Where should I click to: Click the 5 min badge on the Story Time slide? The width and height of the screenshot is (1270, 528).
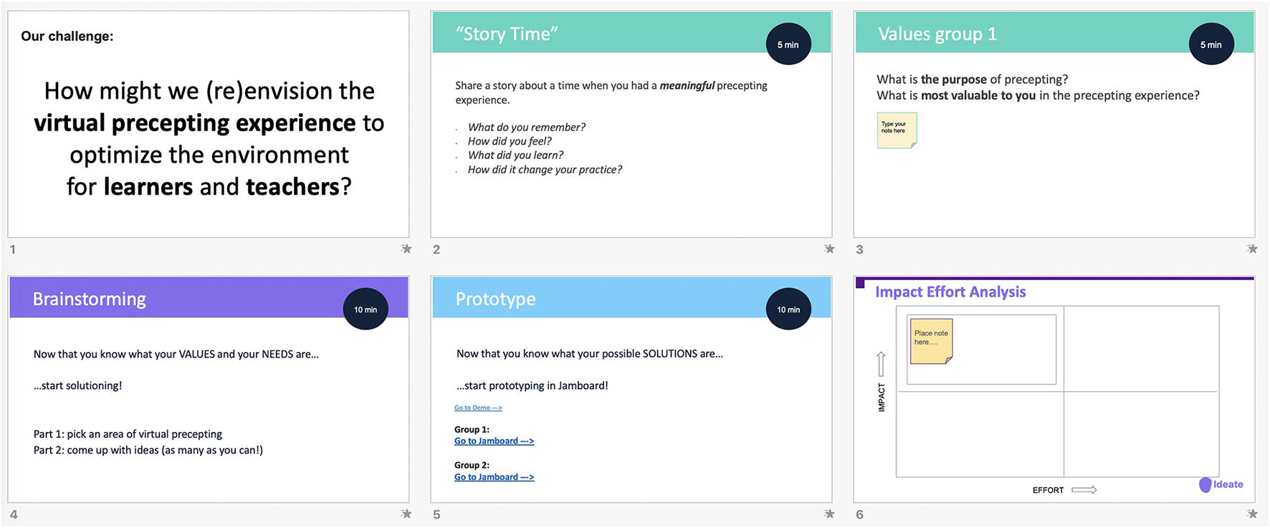pyautogui.click(x=788, y=44)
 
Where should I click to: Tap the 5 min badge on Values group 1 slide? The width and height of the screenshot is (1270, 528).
pyautogui.click(x=1211, y=44)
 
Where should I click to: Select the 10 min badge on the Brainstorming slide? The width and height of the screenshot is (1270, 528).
pyautogui.click(x=366, y=309)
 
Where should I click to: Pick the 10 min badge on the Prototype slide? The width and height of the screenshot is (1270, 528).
pyautogui.click(x=788, y=309)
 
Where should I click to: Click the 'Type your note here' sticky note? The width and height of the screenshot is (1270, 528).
pyautogui.click(x=897, y=130)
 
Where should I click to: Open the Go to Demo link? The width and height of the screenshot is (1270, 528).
pyautogui.click(x=478, y=408)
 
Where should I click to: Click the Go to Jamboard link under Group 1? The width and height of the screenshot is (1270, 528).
pyautogui.click(x=494, y=441)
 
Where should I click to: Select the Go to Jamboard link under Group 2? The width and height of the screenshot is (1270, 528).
pyautogui.click(x=494, y=477)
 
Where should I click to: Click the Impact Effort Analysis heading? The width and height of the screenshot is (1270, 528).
pyautogui.click(x=950, y=292)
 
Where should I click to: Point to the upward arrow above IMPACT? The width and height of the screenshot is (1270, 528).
pyautogui.click(x=881, y=364)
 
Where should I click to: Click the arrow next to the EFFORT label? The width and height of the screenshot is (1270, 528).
pyautogui.click(x=1084, y=490)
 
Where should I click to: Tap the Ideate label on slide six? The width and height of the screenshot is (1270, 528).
pyautogui.click(x=1228, y=484)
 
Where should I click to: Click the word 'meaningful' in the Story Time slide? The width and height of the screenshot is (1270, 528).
pyautogui.click(x=687, y=85)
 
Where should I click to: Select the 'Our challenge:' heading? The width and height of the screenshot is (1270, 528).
pyautogui.click(x=67, y=36)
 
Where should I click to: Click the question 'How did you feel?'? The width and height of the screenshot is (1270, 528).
pyautogui.click(x=510, y=141)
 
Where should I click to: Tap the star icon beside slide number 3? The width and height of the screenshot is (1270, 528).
pyautogui.click(x=1252, y=249)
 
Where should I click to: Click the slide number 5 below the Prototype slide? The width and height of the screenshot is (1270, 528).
pyautogui.click(x=436, y=514)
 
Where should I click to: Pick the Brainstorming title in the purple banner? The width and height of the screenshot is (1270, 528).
pyautogui.click(x=90, y=299)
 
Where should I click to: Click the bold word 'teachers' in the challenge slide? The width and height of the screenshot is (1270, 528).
pyautogui.click(x=292, y=186)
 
